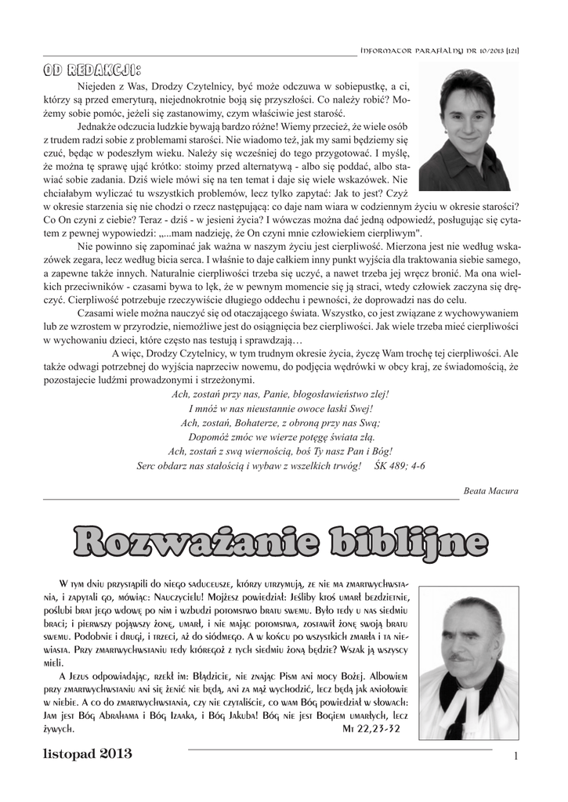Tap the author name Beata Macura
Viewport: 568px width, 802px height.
pyautogui.click(x=491, y=490)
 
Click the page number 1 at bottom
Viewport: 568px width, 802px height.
pyautogui.click(x=517, y=756)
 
